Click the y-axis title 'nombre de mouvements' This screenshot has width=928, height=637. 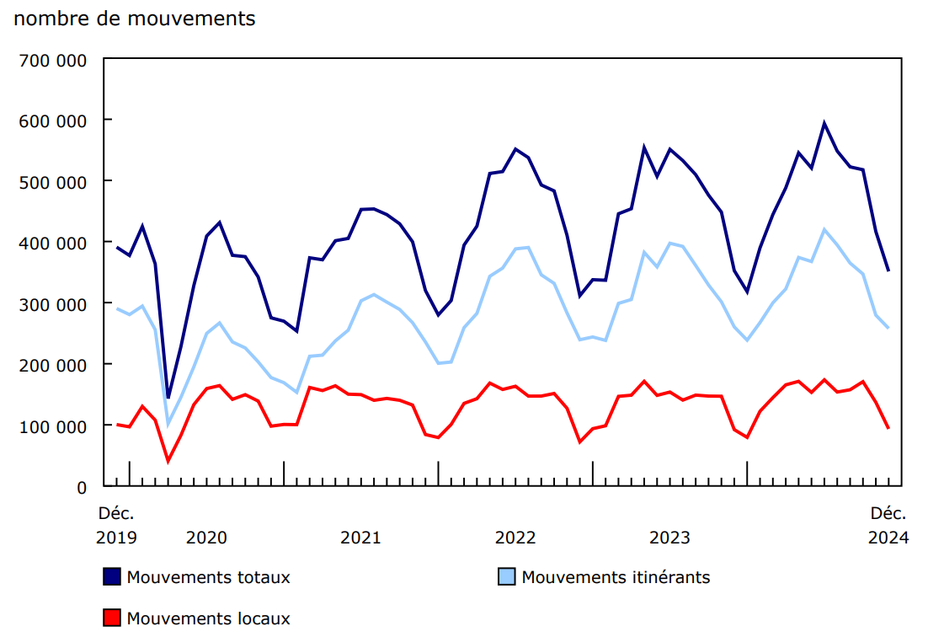135,19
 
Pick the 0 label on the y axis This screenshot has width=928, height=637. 82,488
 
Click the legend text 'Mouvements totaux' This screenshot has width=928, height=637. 208,577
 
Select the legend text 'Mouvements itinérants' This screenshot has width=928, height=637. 616,577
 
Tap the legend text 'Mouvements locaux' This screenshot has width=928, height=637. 208,618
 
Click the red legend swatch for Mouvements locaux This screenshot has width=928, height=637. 111,618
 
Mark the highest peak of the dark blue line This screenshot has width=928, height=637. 824,123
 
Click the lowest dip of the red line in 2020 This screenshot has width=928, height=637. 168,461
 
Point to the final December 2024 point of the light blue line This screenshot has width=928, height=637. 888,328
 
